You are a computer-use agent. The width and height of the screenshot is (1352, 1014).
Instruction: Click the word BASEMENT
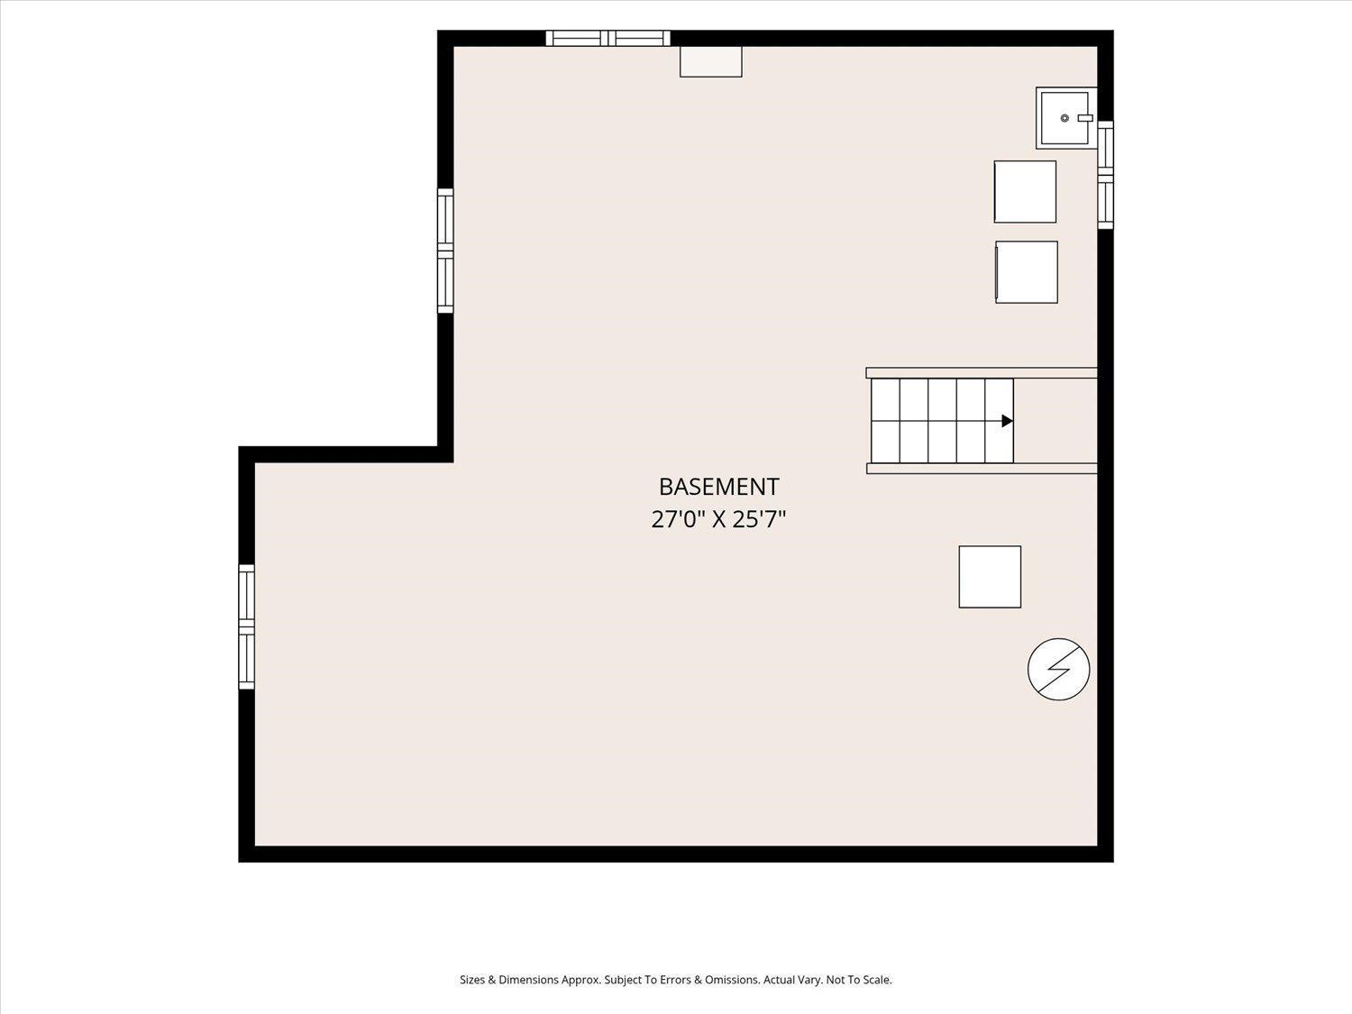click(718, 487)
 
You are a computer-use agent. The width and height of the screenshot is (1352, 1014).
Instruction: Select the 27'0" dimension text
click(678, 520)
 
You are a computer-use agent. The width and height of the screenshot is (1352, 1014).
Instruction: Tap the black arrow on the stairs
click(1007, 421)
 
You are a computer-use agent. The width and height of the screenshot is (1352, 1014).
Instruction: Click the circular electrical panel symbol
click(1059, 669)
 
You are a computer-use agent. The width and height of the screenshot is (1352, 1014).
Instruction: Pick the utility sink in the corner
click(1066, 117)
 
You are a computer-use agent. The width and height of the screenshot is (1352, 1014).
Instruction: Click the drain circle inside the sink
click(1064, 117)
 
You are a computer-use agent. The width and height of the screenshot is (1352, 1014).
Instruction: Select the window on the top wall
click(607, 38)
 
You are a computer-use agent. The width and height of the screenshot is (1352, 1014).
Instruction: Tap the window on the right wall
click(1106, 175)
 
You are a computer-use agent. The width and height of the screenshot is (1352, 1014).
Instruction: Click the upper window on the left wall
click(445, 251)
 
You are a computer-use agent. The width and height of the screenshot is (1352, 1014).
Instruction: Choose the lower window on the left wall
click(246, 626)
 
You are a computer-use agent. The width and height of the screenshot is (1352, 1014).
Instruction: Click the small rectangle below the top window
click(711, 61)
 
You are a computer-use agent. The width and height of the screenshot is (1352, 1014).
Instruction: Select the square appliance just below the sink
click(1025, 191)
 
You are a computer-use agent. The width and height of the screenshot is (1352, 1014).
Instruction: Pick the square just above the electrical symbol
click(990, 577)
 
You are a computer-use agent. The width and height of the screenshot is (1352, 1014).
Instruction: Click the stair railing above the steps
click(982, 372)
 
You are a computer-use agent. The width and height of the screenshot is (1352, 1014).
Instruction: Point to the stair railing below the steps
click(982, 469)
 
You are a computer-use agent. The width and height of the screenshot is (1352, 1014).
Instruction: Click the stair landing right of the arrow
click(1055, 421)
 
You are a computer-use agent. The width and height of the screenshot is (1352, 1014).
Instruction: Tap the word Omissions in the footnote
click(734, 980)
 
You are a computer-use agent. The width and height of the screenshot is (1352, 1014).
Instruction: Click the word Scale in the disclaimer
click(877, 980)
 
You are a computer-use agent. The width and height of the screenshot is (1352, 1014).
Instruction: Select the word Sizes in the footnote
click(472, 980)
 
